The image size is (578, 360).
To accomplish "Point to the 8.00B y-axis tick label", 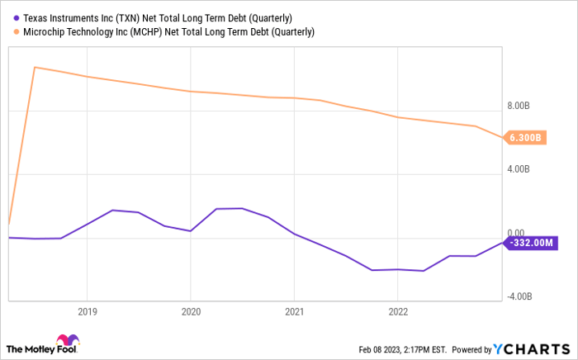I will click(517, 106).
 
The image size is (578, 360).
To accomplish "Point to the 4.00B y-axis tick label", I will click(517, 169).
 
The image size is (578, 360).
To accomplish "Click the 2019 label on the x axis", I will click(88, 312).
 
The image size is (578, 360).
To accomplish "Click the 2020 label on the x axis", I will click(191, 312).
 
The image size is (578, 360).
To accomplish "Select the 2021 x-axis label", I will click(294, 312).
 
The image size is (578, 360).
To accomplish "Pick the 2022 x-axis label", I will click(397, 312).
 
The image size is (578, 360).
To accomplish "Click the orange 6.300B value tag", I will click(524, 137).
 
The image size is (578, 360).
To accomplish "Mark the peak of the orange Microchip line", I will click(34, 67).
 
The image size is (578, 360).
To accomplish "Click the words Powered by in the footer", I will click(471, 349).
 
